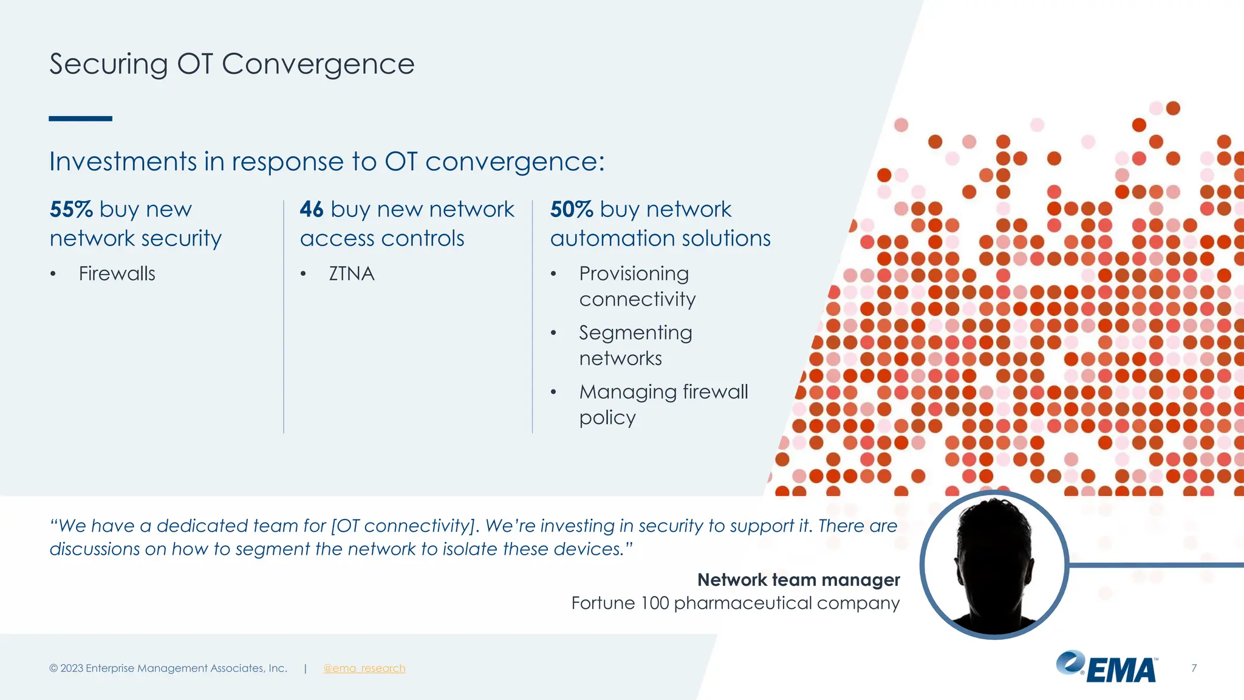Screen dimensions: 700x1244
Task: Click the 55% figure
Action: (x=71, y=210)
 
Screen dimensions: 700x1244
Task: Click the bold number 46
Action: (x=312, y=210)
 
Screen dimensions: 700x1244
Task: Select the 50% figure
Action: (x=571, y=210)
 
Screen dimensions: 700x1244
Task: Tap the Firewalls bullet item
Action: (x=117, y=274)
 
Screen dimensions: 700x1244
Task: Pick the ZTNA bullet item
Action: (x=351, y=274)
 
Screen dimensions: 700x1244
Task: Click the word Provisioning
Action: (x=634, y=274)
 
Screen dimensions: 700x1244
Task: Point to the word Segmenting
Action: (x=635, y=333)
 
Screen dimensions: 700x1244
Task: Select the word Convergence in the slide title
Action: (x=318, y=64)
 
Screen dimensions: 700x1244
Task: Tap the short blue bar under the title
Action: (x=80, y=118)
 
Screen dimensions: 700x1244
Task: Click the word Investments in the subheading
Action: (x=123, y=162)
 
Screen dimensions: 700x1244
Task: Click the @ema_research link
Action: (x=364, y=668)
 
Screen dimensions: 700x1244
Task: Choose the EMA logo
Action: (x=1107, y=667)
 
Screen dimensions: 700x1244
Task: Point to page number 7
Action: (x=1194, y=668)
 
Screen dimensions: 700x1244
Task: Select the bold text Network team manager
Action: (x=798, y=580)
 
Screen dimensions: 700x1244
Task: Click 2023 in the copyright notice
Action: (x=72, y=668)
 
